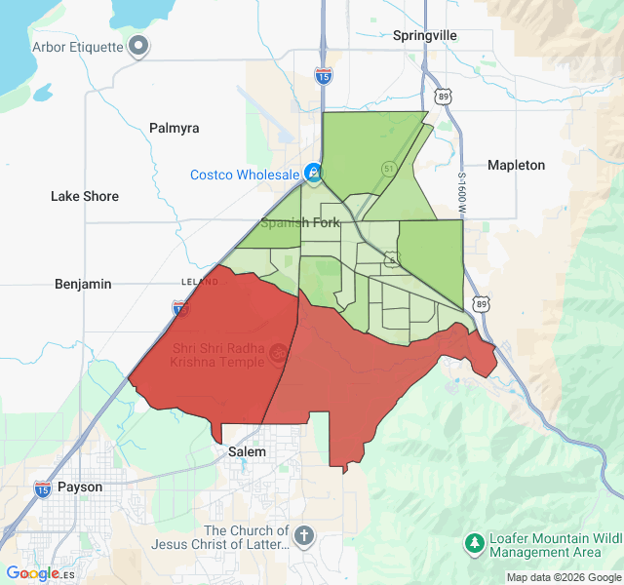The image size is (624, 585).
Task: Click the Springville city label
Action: click(424, 35)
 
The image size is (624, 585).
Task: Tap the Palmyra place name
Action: click(174, 128)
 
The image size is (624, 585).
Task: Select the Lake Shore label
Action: click(85, 196)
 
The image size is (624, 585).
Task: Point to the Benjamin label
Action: click(83, 284)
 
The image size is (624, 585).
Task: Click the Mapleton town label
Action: click(516, 165)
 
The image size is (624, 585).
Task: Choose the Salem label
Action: click(247, 452)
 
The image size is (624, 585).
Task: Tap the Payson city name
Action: click(80, 487)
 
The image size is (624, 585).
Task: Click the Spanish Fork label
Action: click(300, 222)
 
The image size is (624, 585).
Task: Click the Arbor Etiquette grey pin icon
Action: click(139, 45)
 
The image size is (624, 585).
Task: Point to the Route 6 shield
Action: click(391, 258)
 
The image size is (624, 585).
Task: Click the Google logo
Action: click(32, 574)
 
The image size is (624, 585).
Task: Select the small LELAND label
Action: click(200, 282)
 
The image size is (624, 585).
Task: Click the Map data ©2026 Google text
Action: click(564, 577)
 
